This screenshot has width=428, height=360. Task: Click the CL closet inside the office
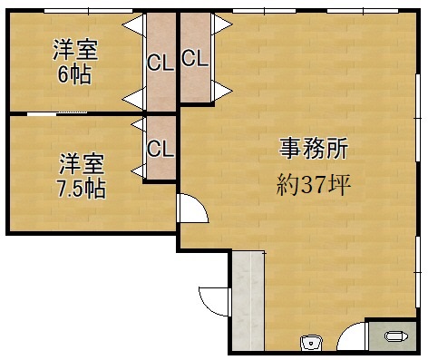(194, 60)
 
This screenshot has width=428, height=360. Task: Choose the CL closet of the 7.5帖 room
(160, 148)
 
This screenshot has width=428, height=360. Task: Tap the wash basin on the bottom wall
(311, 342)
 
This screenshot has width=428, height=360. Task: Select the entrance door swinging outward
(210, 299)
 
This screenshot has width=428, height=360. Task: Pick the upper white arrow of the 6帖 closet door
(134, 24)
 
